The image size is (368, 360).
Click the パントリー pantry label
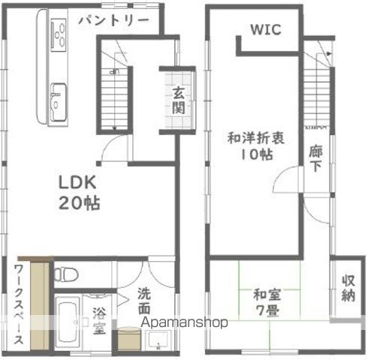click(113, 19)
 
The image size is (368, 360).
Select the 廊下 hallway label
click(316, 158)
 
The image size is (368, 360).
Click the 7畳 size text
click(269, 309)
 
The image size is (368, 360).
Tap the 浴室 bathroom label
click(99, 318)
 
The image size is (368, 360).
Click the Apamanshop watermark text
click(184, 322)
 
